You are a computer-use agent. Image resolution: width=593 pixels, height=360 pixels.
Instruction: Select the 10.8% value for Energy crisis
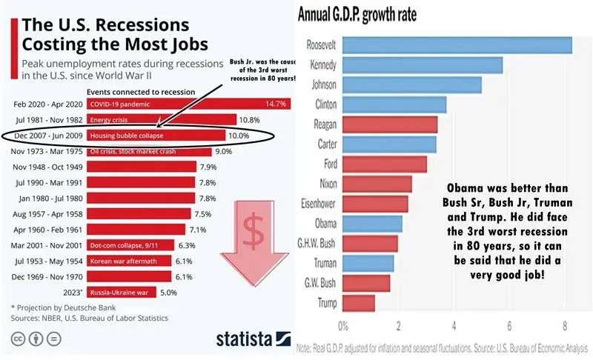248,120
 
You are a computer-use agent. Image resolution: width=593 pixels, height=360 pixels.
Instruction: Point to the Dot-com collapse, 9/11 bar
130,245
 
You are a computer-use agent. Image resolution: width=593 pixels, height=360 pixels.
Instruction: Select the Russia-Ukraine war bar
122,293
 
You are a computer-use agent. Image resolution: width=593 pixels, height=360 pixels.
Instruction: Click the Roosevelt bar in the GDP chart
457,44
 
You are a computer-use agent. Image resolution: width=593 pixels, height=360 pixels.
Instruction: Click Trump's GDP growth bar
359,303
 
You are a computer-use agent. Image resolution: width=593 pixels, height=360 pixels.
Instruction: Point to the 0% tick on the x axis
343,325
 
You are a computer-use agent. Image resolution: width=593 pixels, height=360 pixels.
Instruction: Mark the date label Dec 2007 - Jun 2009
47,136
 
